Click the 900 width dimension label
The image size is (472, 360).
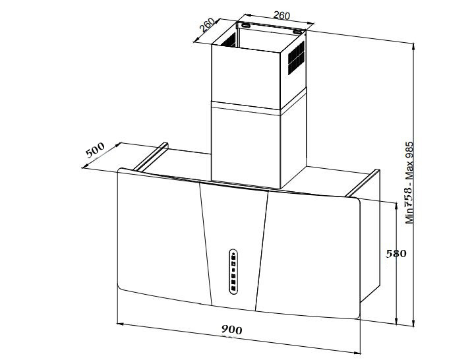click(x=232, y=330)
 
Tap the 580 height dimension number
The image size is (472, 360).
click(x=396, y=254)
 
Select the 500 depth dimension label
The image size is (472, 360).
click(x=95, y=150)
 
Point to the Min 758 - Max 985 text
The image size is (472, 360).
click(x=409, y=183)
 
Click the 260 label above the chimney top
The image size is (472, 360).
click(x=281, y=15)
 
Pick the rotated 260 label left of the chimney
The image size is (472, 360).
click(x=207, y=25)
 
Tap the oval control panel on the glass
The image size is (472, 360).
click(x=233, y=272)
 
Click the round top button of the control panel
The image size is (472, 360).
click(x=233, y=254)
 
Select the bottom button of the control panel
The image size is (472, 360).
click(x=233, y=290)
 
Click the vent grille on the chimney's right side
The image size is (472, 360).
click(x=296, y=58)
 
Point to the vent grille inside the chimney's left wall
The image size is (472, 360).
click(x=229, y=40)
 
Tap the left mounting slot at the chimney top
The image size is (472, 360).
click(x=245, y=26)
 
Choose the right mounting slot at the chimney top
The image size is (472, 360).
click(x=298, y=32)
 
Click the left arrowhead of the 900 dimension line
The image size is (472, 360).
click(x=120, y=324)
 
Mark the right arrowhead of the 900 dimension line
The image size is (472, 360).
click(x=357, y=352)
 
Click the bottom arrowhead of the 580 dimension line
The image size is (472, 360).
click(x=397, y=321)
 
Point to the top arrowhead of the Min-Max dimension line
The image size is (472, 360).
click(x=413, y=47)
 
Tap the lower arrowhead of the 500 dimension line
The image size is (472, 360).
click(x=85, y=166)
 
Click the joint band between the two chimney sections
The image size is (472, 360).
click(x=259, y=103)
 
